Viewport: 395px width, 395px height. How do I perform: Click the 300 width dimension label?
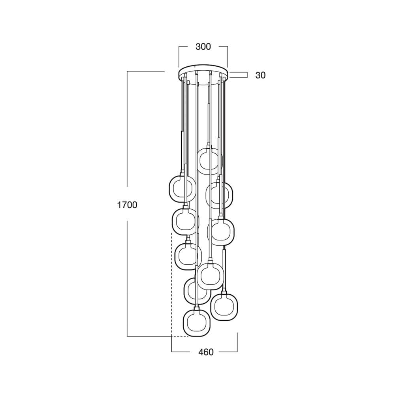[x=203, y=47]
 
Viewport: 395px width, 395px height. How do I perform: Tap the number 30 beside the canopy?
[x=260, y=75]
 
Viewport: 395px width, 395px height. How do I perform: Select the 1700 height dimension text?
[x=127, y=205]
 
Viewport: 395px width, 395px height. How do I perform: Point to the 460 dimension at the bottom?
[x=206, y=352]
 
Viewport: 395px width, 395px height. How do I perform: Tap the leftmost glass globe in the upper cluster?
[x=169, y=189]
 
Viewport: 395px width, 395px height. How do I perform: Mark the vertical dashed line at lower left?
[x=171, y=284]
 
